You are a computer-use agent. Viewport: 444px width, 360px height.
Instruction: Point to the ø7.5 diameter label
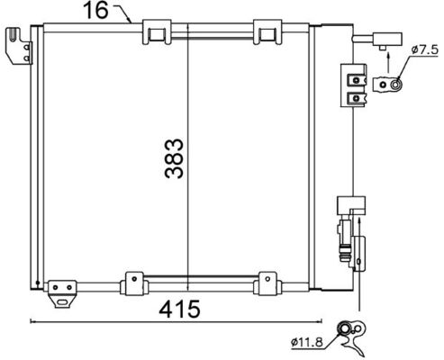coord(422,51)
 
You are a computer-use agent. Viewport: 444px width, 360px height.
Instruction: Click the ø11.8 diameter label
coord(308,341)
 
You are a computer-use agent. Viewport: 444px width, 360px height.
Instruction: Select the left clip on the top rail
coord(156,33)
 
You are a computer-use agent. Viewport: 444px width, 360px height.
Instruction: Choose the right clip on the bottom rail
coord(267,281)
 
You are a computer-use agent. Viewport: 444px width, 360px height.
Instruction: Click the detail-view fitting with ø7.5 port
coord(389,85)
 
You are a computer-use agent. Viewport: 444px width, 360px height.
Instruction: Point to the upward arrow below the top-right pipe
coord(386,61)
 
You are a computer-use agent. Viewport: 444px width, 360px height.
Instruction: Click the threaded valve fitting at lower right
coord(344,238)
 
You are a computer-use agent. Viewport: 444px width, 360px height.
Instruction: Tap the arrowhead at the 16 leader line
coord(132,21)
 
